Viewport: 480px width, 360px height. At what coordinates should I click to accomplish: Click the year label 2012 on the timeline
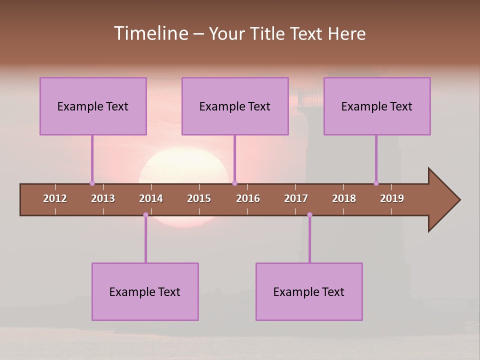pyautogui.click(x=55, y=198)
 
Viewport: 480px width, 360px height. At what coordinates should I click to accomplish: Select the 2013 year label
pyautogui.click(x=103, y=198)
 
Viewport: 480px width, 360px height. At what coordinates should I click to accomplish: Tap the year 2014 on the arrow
pyautogui.click(x=151, y=198)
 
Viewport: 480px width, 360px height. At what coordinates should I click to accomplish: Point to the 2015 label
pyautogui.click(x=199, y=198)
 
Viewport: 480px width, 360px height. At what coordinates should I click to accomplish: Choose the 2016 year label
pyautogui.click(x=248, y=198)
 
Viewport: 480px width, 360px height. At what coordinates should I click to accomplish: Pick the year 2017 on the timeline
pyautogui.click(x=296, y=198)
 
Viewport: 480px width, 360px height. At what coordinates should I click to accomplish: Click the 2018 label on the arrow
pyautogui.click(x=344, y=198)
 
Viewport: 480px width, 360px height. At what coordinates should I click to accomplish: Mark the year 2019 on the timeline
pyautogui.click(x=392, y=198)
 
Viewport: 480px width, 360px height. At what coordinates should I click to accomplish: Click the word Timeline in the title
pyautogui.click(x=150, y=33)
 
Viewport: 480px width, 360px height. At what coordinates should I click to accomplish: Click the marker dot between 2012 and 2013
pyautogui.click(x=92, y=183)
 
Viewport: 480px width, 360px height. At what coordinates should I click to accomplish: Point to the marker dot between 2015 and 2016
pyautogui.click(x=234, y=183)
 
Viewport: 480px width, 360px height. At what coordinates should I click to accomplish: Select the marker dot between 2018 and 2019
pyautogui.click(x=376, y=183)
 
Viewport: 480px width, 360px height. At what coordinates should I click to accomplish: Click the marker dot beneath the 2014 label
pyautogui.click(x=145, y=215)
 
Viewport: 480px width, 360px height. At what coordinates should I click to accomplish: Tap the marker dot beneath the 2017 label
pyautogui.click(x=309, y=215)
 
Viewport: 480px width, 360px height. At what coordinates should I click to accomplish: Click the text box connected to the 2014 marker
pyautogui.click(x=145, y=292)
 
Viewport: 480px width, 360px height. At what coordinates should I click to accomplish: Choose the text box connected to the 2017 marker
pyautogui.click(x=309, y=292)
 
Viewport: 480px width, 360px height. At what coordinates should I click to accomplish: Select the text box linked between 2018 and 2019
pyautogui.click(x=377, y=106)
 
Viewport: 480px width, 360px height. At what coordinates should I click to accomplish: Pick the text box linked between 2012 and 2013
pyautogui.click(x=93, y=106)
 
